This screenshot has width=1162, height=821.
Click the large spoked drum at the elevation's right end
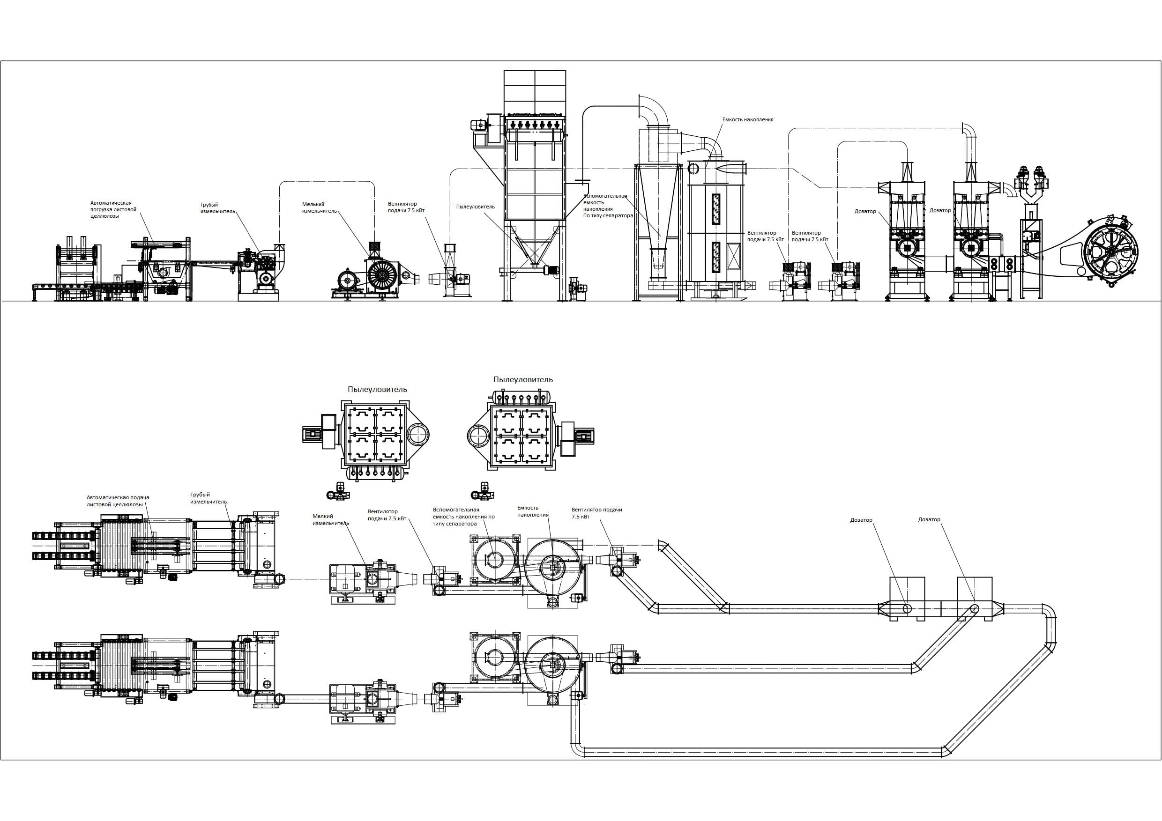[x=1110, y=259]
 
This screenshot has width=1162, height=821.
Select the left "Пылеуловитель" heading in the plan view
[x=377, y=390]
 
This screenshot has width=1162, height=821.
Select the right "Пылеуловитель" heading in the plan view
[x=523, y=379]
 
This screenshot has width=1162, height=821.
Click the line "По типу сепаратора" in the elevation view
[x=608, y=215]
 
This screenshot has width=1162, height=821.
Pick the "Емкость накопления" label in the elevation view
[x=747, y=120]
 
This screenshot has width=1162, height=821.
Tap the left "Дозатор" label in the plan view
[x=861, y=520]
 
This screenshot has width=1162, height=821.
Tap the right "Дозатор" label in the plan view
[x=929, y=519]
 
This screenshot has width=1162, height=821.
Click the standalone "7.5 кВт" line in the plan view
[x=580, y=517]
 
